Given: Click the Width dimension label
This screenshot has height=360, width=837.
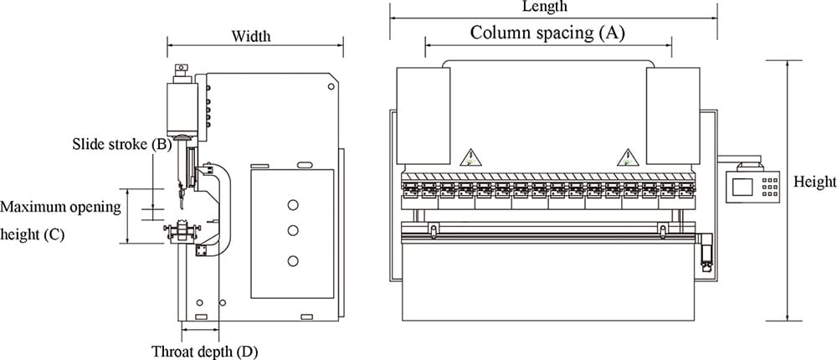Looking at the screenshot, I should point(251,36).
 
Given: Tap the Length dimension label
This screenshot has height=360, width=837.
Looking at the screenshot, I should point(544,7).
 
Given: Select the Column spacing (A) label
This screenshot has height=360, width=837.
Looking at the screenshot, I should point(547,33).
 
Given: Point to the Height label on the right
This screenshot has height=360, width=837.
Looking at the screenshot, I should point(814,182).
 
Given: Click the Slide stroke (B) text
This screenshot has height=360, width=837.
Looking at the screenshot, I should point(122,144).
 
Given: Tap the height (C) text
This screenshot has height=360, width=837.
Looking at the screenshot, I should point(33,234).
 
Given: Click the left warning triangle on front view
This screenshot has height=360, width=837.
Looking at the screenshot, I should point(470,157).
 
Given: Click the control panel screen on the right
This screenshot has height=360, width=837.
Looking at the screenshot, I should point(742,185).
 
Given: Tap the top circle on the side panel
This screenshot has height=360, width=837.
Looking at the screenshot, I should point(292,204).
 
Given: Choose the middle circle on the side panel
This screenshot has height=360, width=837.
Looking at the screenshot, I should point(292,230).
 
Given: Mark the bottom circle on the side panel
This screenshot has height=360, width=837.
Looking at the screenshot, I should point(292,262).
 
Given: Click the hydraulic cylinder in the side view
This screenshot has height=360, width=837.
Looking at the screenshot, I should point(181,106).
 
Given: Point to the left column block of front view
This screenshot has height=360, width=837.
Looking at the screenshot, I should point(423,116).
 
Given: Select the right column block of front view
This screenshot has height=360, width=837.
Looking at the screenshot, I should point(673,116).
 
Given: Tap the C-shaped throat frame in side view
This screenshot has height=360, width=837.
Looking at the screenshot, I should point(223,209).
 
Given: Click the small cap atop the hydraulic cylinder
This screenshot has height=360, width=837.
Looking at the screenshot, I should point(180,69).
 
